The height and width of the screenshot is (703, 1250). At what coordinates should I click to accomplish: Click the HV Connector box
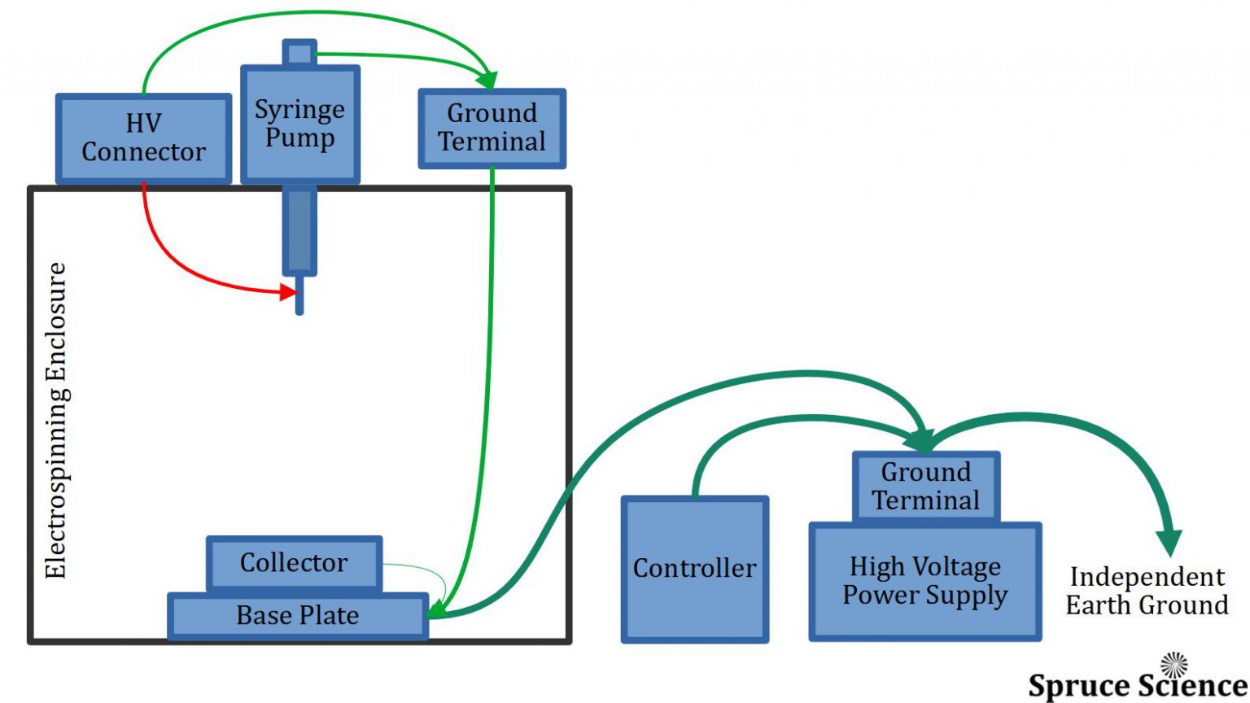[143, 138]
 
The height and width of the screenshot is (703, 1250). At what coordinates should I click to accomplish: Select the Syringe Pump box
[299, 124]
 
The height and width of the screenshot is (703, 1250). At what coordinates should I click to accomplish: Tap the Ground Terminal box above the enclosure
[492, 129]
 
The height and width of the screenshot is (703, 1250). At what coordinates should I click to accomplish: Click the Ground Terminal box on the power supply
[925, 487]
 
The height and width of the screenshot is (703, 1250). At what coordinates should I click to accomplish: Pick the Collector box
[293, 563]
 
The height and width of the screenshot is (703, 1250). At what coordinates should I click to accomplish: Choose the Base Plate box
[297, 616]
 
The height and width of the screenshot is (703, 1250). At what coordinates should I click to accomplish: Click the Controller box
[694, 569]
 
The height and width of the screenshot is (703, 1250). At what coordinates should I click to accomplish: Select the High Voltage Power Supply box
[924, 581]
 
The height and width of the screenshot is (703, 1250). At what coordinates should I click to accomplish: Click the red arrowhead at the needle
[288, 291]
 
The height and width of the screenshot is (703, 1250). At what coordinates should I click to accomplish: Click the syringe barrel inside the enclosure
[299, 232]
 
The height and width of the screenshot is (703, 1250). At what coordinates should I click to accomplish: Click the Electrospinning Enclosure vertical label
[55, 420]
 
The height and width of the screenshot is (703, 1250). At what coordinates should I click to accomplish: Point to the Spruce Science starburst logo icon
[1174, 665]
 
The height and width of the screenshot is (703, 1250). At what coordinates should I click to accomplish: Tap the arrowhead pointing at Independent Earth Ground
[1169, 542]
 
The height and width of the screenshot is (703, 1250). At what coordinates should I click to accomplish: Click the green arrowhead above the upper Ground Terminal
[487, 80]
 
